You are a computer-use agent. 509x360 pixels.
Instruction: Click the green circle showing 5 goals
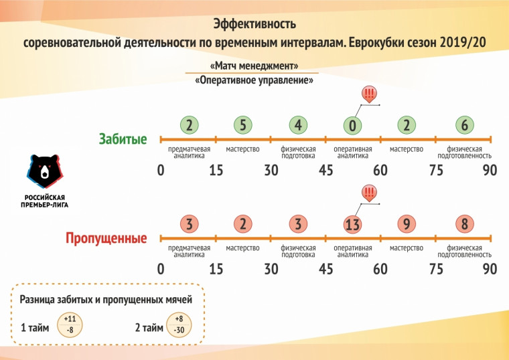(x=243, y=125)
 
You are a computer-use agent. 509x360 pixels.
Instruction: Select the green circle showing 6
(x=463, y=125)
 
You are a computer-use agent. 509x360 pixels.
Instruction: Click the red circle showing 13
(x=353, y=225)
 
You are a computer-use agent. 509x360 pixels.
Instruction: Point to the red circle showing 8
(x=463, y=225)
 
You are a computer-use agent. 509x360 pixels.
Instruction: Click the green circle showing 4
(x=298, y=125)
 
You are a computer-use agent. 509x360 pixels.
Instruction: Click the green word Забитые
(x=123, y=139)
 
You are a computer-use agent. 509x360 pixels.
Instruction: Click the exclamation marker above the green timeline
(x=368, y=94)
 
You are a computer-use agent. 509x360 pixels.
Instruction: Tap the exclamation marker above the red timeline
(x=368, y=193)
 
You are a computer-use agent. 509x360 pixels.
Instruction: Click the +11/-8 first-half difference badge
(x=70, y=325)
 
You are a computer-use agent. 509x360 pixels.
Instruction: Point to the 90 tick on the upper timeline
(x=490, y=170)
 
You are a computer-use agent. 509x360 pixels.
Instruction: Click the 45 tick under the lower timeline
(x=325, y=269)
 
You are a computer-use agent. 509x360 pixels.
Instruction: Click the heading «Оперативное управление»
(x=254, y=80)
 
